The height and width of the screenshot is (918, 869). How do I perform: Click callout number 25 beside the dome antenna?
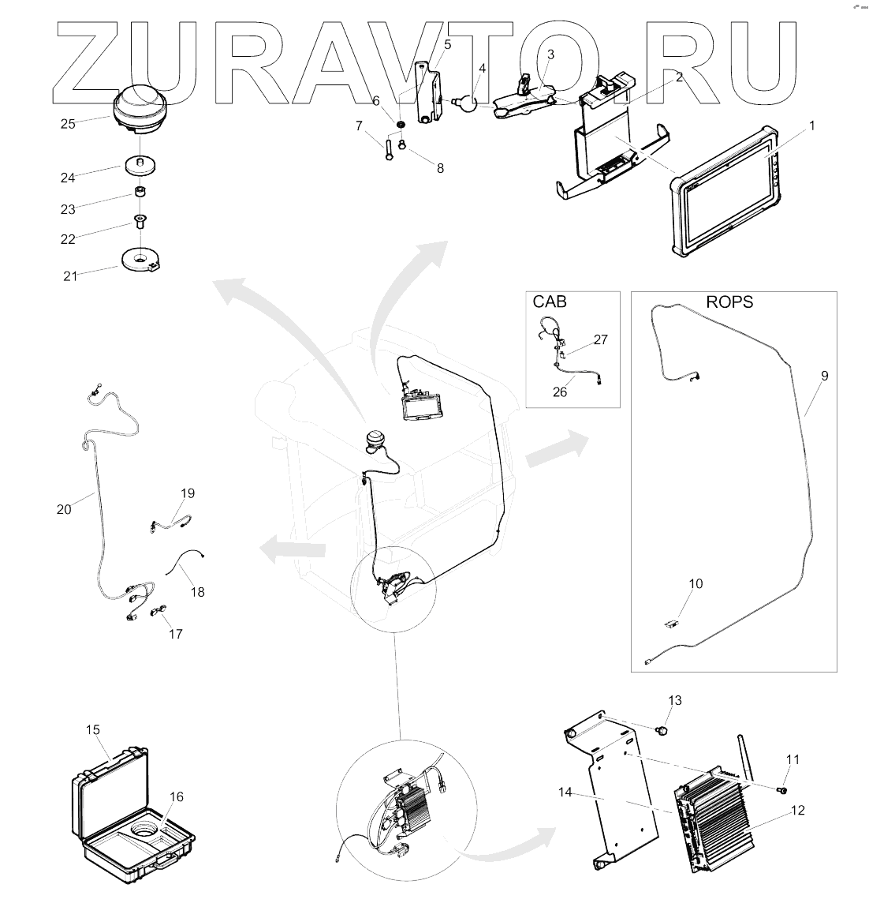point(69,124)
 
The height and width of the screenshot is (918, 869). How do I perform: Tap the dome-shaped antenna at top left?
point(140,111)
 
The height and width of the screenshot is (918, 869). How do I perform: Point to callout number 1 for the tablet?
point(811,126)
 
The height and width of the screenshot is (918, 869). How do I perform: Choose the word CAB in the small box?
point(550,302)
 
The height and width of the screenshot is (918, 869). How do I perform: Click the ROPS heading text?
point(729,302)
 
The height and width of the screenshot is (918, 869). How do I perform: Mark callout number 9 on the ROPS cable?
point(824,376)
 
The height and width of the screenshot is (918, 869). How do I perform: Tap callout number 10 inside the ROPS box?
point(695,584)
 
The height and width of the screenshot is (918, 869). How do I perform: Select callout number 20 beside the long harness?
point(64,509)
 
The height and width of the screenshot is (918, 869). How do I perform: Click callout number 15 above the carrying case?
point(94,730)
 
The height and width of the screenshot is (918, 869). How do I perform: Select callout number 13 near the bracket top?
point(674,700)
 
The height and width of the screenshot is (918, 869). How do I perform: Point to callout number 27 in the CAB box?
point(600,339)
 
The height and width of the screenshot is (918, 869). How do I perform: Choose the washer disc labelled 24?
point(142,166)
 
